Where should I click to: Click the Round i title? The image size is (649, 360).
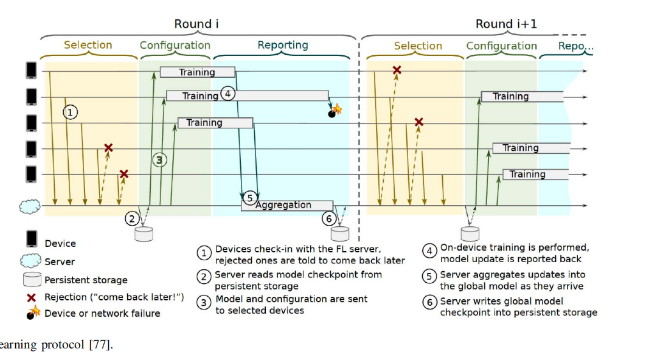(x=196, y=24)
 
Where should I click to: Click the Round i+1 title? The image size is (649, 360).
(x=506, y=24)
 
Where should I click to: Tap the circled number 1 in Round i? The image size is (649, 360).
(x=71, y=112)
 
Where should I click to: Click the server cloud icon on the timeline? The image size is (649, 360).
(x=30, y=206)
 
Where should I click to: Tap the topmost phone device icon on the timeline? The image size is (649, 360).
(x=30, y=70)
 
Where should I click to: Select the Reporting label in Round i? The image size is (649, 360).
(x=283, y=45)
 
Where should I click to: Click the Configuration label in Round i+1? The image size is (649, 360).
(x=501, y=46)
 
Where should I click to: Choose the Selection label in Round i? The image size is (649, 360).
(x=88, y=45)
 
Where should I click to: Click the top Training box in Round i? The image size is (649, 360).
(x=197, y=72)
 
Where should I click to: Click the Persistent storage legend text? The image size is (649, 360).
(x=86, y=280)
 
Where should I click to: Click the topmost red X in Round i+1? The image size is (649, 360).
(x=397, y=71)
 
